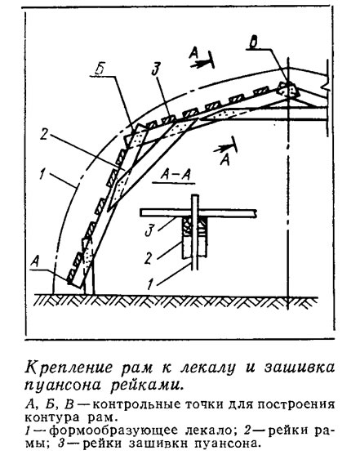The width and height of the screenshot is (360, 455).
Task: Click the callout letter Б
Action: pos(99,70)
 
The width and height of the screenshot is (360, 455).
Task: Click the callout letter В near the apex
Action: pos(254,43)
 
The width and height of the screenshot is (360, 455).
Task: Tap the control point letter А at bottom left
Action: pos(34,262)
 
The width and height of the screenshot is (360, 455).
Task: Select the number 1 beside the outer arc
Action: pos(42,174)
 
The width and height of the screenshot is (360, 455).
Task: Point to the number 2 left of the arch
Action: pos(43,134)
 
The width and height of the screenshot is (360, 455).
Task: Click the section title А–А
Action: pos(175,175)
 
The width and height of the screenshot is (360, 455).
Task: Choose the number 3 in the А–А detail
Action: pos(149,230)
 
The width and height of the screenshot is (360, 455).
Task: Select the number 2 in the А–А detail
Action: pos(149,258)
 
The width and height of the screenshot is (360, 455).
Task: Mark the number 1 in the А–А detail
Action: pos(149,284)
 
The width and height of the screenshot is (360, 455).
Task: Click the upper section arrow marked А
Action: pos(202,59)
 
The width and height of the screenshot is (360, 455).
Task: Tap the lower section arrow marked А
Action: pos(225,154)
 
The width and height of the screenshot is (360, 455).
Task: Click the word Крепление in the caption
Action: pos(69,368)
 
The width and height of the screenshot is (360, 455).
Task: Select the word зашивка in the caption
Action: pos(300,368)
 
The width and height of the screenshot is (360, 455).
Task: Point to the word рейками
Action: pos(148,386)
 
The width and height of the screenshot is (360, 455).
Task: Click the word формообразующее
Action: pos(113,431)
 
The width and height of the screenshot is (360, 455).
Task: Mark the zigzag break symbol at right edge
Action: pos(327,83)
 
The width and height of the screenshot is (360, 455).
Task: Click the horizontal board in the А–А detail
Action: pos(198,212)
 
